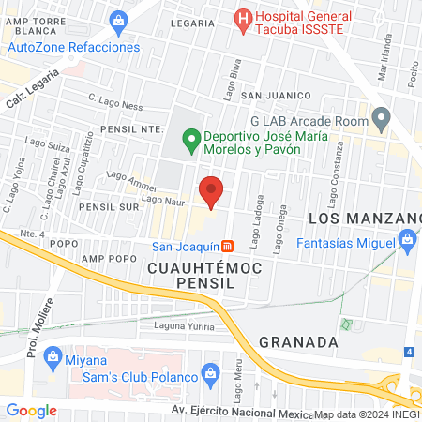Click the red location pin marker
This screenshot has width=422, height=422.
tap(211, 191)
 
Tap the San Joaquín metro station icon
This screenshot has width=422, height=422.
tap(227, 248)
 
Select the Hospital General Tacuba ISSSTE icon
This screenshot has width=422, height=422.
tap(244, 17)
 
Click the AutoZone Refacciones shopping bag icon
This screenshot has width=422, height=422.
tap(118, 19)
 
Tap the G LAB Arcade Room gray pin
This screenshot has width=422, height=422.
tap(381, 119)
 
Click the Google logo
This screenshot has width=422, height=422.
tap(32, 410)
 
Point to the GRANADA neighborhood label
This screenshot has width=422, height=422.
tap(297, 342)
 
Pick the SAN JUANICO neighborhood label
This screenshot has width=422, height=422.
tap(275, 95)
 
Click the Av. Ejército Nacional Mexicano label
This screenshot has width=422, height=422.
tap(244, 413)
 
